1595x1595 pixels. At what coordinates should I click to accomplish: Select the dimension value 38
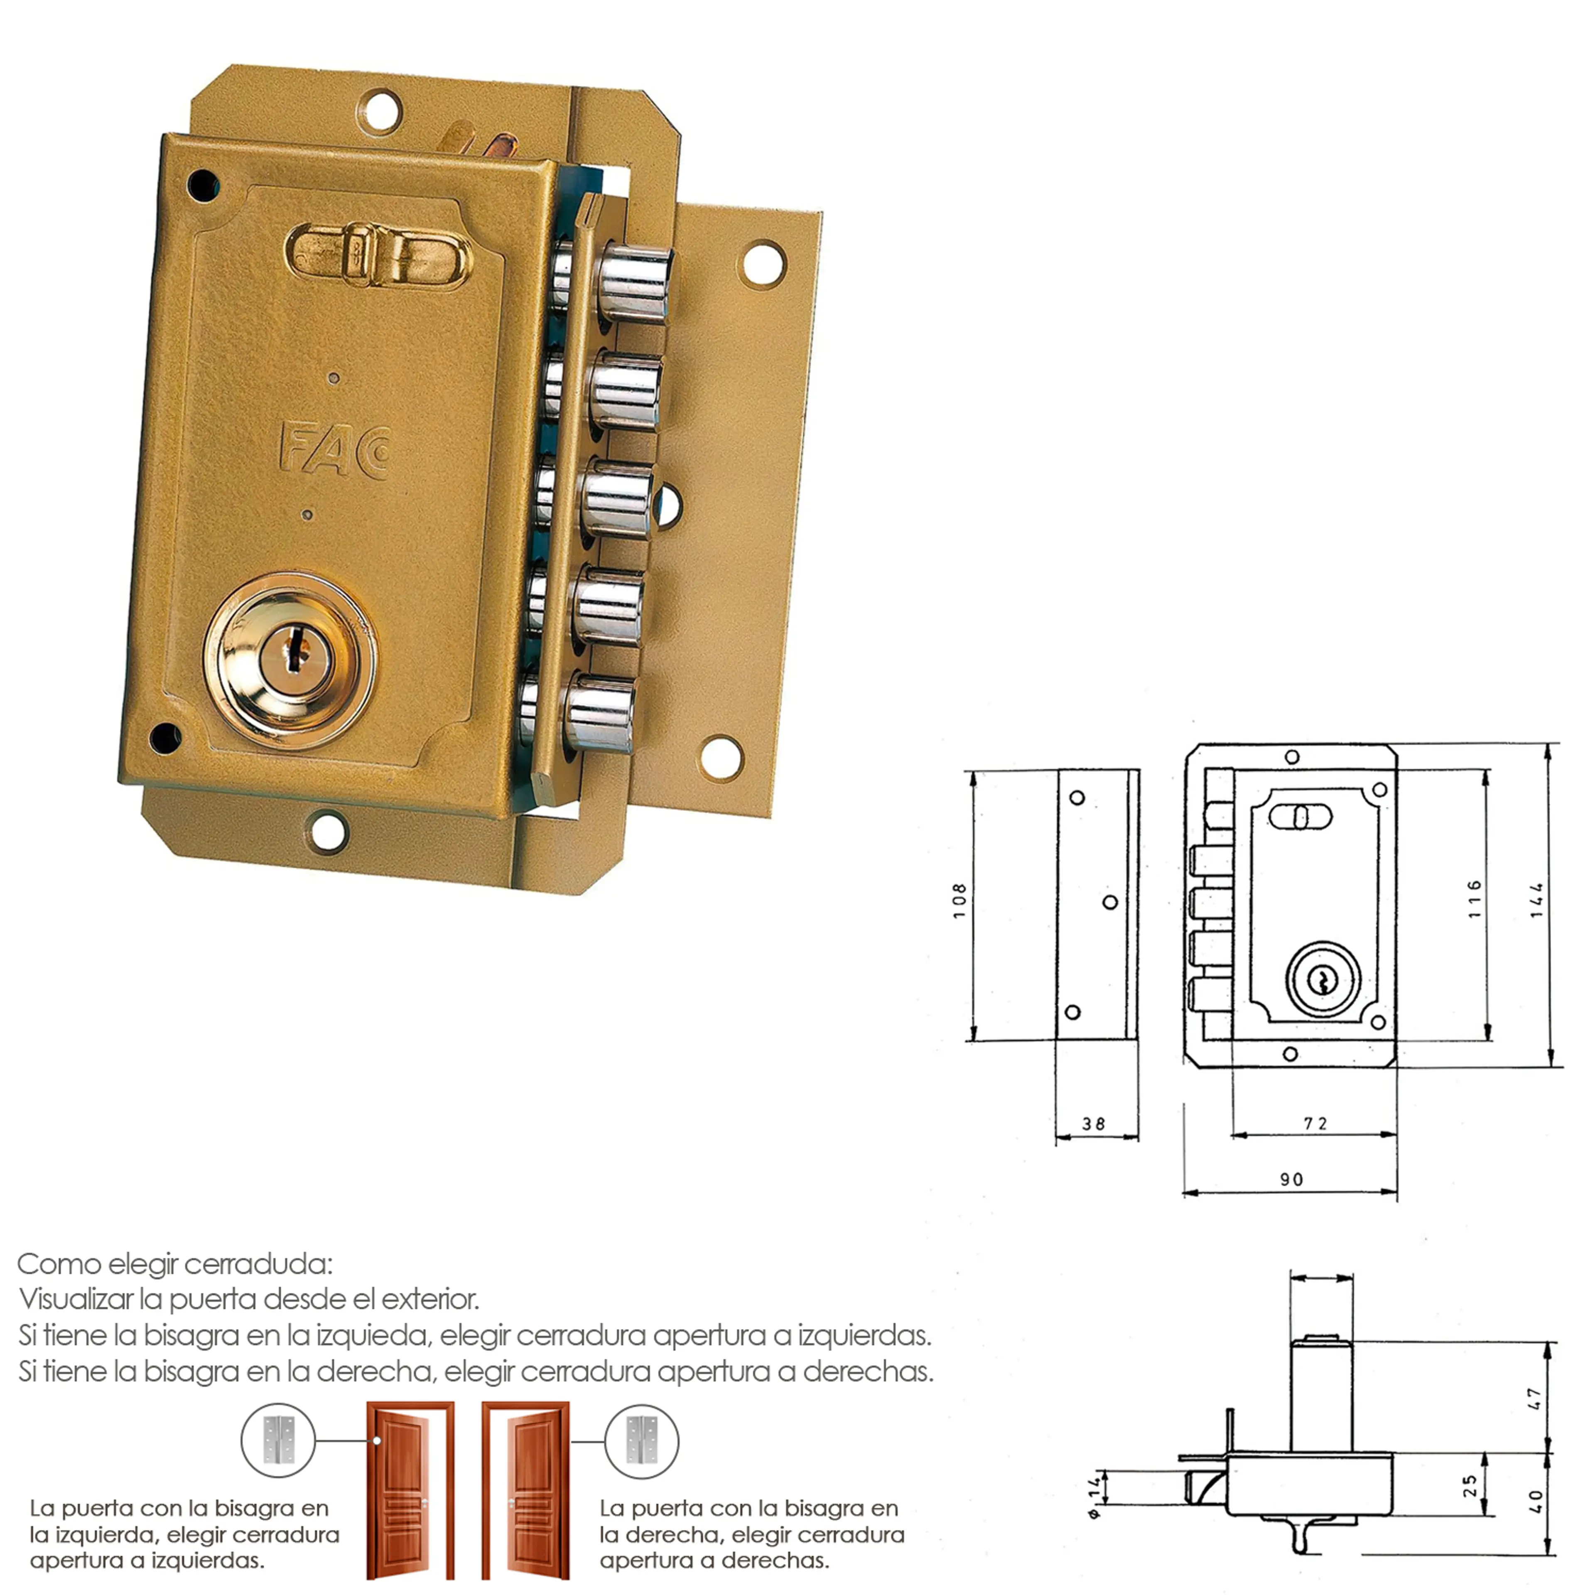1094,1124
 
